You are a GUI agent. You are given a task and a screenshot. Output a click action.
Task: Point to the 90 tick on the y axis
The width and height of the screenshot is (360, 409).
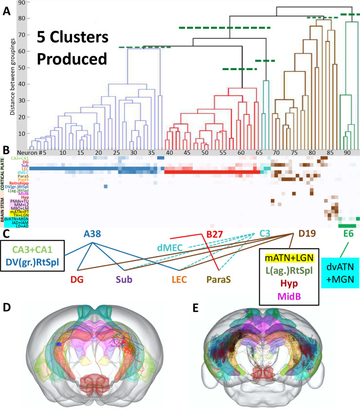21,3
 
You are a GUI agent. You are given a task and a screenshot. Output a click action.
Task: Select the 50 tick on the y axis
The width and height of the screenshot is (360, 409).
21,68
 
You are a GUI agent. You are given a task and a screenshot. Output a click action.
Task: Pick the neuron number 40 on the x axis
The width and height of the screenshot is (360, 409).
170,152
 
